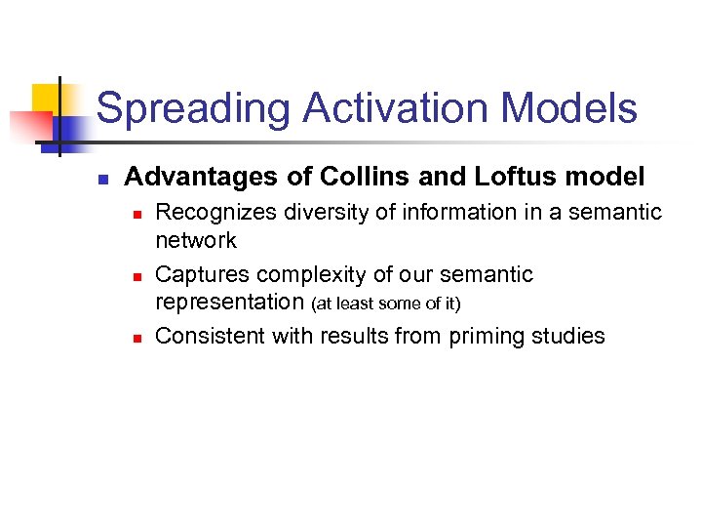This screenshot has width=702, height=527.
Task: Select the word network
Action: (196, 240)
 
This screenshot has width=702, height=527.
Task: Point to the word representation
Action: (231, 303)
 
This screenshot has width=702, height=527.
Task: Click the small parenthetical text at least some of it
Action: (386, 304)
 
